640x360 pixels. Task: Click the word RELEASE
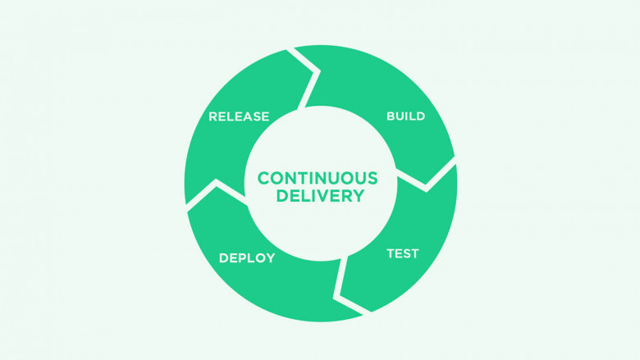[239, 116]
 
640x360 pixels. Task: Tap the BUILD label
[405, 116]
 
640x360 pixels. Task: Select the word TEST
[402, 253]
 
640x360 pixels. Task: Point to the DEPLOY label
[247, 258]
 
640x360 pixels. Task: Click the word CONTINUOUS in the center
[318, 178]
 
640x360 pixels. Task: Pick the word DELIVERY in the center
[320, 196]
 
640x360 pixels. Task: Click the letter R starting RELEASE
[213, 116]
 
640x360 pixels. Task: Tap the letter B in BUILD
[391, 116]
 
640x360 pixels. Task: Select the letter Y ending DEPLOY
[270, 258]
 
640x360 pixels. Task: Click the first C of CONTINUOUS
[264, 178]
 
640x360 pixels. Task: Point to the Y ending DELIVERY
[358, 196]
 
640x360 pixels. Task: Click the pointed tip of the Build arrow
[426, 184]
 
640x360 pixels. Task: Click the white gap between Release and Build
[310, 81]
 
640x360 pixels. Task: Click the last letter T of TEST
[414, 253]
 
